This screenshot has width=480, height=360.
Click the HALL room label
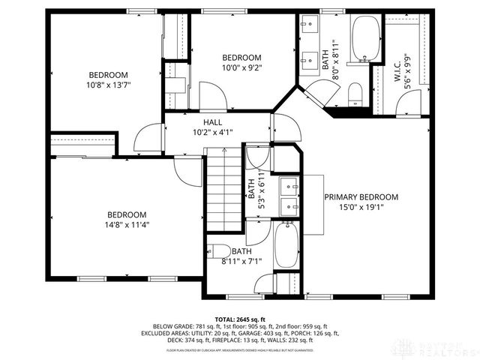[x=212, y=122]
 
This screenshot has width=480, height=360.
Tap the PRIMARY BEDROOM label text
[x=361, y=197]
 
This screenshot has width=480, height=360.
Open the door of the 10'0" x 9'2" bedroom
[x=210, y=96]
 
